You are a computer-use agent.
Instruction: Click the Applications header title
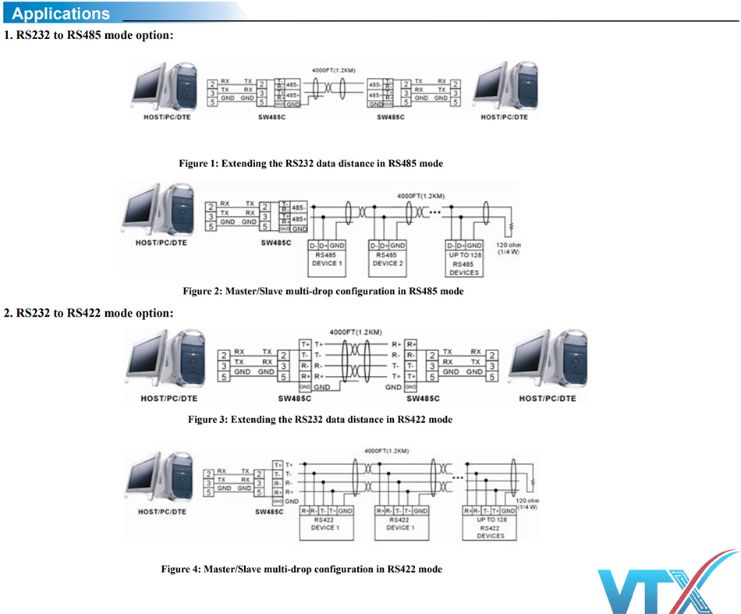coord(62,13)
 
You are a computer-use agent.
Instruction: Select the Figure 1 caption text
coord(310,164)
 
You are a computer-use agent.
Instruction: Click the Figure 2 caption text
coord(323,291)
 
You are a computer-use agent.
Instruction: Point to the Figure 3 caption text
coord(320,419)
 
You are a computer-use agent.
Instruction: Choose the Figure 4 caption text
coord(301,569)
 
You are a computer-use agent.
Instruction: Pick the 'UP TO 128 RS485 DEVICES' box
coord(464,262)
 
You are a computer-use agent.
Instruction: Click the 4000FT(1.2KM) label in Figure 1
coord(333,70)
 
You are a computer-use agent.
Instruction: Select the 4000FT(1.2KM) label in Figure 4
coord(386,451)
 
